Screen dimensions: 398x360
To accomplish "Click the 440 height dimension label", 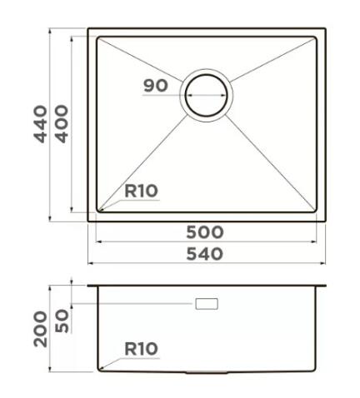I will click(40, 125).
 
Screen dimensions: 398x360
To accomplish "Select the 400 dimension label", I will click(61, 125).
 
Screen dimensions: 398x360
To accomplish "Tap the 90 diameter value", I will click(155, 85).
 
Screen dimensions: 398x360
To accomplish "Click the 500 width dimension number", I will click(206, 231).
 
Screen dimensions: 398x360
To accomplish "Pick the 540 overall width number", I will click(206, 254).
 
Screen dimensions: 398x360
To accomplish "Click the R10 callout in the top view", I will click(141, 191).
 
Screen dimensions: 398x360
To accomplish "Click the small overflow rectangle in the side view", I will click(206, 304).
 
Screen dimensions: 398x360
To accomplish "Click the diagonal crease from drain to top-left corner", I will click(142, 63).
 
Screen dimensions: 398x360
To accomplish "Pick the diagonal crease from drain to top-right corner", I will click(271, 63).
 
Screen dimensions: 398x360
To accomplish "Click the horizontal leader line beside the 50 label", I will click(133, 304).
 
